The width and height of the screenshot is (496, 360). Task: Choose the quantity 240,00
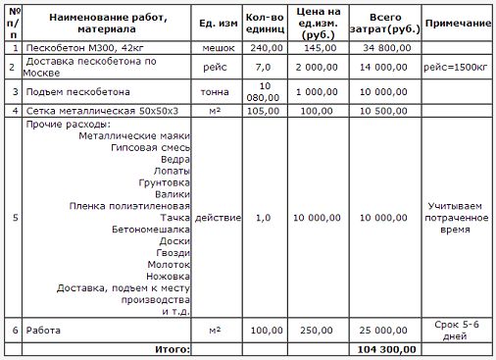265,47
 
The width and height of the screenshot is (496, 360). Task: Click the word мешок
218,47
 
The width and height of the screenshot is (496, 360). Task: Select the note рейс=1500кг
459,67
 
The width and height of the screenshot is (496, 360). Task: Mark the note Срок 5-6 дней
459,331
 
